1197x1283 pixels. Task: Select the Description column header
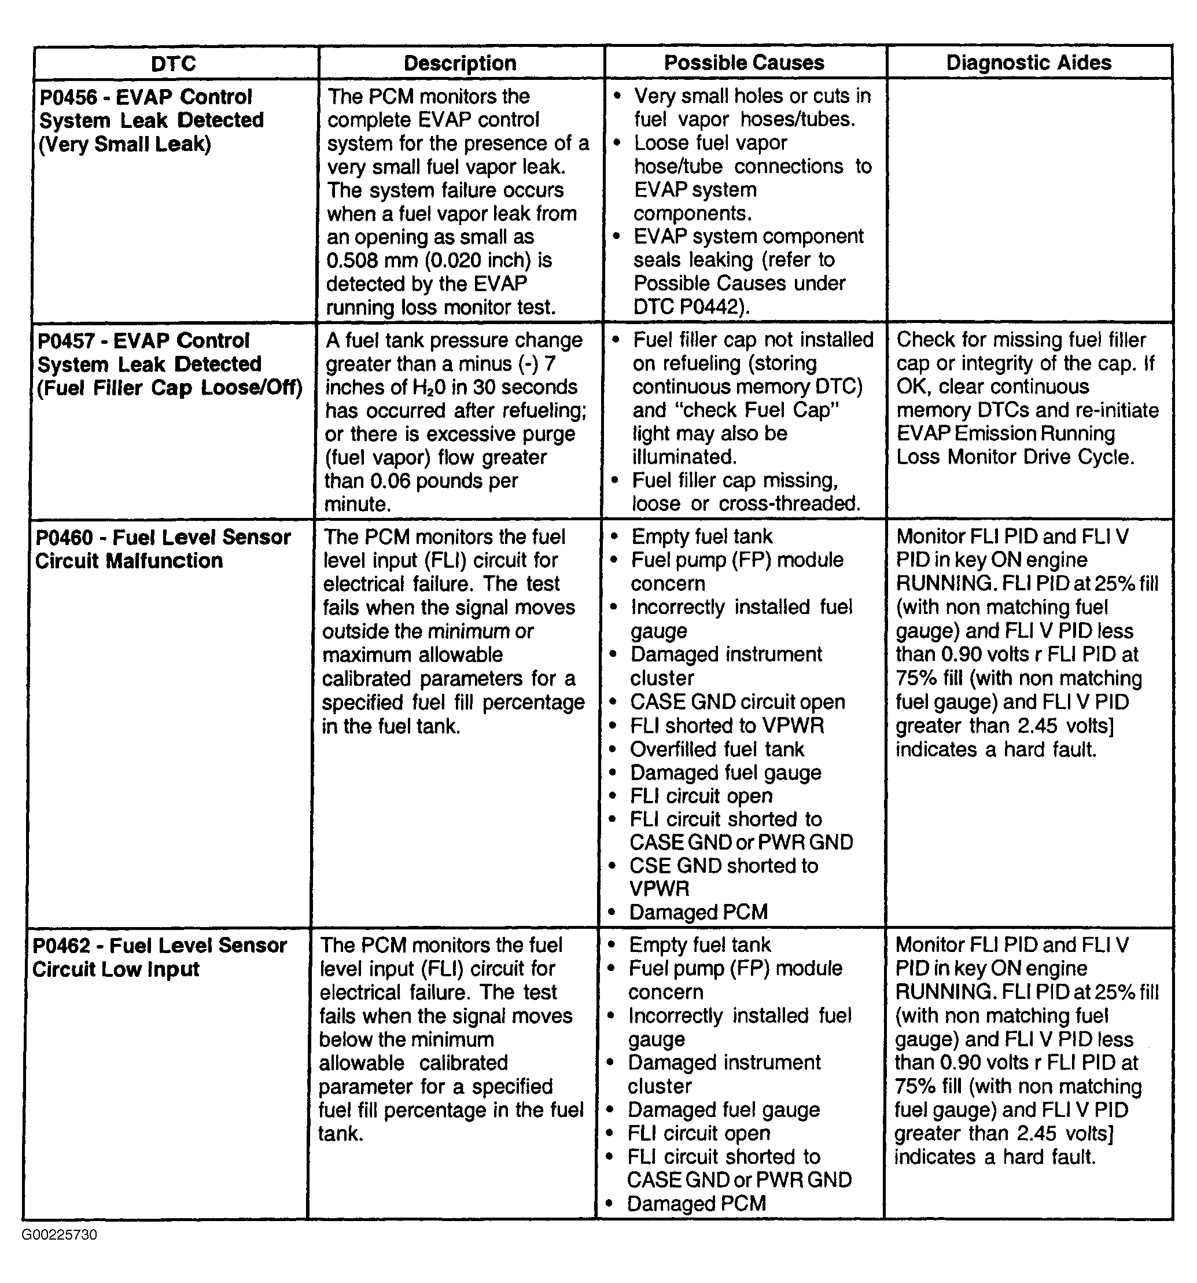pyautogui.click(x=459, y=63)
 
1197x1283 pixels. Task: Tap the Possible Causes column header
pyautogui.click(x=744, y=63)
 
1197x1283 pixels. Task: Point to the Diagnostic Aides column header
pyautogui.click(x=1029, y=63)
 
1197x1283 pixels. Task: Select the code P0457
pyautogui.click(x=67, y=341)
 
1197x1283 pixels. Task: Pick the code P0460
pyautogui.click(x=65, y=537)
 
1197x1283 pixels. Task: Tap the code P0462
pyautogui.click(x=62, y=946)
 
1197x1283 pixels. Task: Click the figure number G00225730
pyautogui.click(x=60, y=1234)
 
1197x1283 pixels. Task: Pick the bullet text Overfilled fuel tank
pyautogui.click(x=717, y=749)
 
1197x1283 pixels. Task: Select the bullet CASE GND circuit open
pyautogui.click(x=737, y=702)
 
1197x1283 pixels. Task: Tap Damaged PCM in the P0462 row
pyautogui.click(x=696, y=1204)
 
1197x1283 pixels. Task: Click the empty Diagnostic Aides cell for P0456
pyautogui.click(x=1029, y=200)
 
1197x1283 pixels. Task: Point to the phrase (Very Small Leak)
pyautogui.click(x=124, y=144)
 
